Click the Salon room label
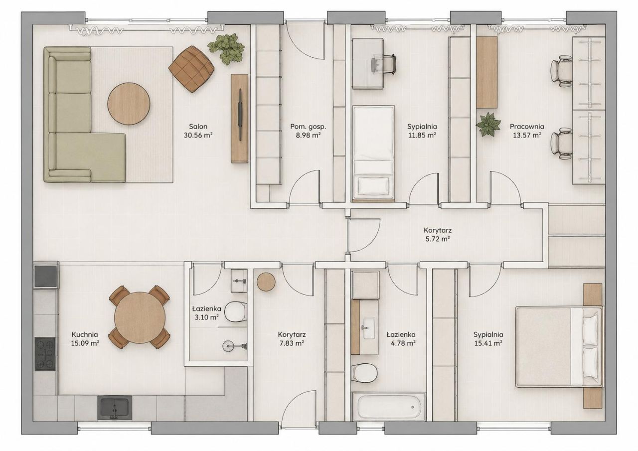pyautogui.click(x=198, y=127)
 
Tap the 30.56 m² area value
pyautogui.click(x=198, y=135)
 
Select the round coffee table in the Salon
pyautogui.click(x=129, y=103)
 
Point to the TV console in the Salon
pyautogui.click(x=240, y=119)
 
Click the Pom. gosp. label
pyautogui.click(x=308, y=127)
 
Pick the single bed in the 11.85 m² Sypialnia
pyautogui.click(x=373, y=152)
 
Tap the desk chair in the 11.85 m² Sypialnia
pyautogui.click(x=384, y=65)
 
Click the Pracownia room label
pyautogui.click(x=527, y=127)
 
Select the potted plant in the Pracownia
pyautogui.click(x=488, y=125)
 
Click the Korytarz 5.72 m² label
pyautogui.click(x=438, y=234)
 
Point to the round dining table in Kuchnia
pyautogui.click(x=140, y=317)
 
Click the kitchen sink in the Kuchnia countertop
pyautogui.click(x=115, y=408)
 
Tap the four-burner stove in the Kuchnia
pyautogui.click(x=45, y=354)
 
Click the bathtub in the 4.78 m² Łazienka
pyautogui.click(x=389, y=407)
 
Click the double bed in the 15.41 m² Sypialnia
pyautogui.click(x=559, y=346)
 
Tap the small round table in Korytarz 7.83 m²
pyautogui.click(x=266, y=282)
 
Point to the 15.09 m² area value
pyautogui.click(x=85, y=343)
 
